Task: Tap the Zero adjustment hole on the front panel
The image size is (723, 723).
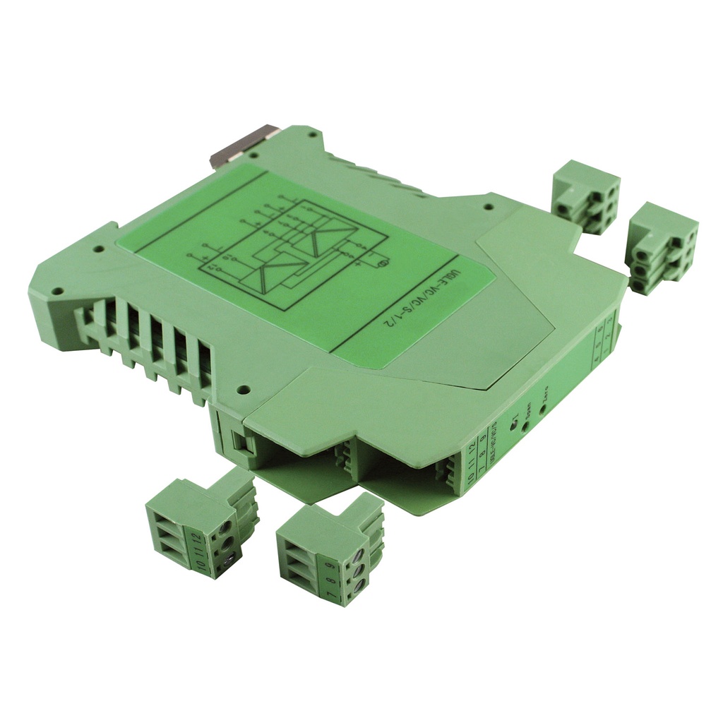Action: [x=542, y=406]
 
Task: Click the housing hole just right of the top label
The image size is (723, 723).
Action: [x=486, y=207]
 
